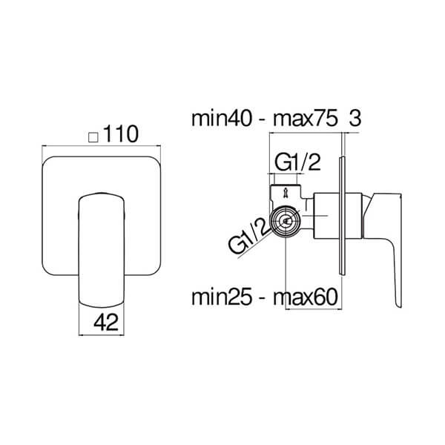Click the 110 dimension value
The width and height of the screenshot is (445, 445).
click(x=121, y=134)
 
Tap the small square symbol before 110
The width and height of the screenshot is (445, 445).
click(x=93, y=137)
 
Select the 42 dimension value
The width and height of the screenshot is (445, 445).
click(x=106, y=323)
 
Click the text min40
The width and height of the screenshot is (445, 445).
click(x=221, y=119)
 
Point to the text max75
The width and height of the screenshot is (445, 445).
click(x=306, y=119)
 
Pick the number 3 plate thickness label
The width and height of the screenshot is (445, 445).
click(x=355, y=119)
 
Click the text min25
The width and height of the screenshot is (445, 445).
click(x=221, y=297)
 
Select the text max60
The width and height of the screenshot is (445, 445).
click(x=306, y=297)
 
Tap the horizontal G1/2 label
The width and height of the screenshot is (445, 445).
click(x=297, y=162)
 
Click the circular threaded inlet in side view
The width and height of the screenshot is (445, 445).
click(x=285, y=220)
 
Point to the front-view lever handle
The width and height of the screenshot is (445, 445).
click(x=102, y=251)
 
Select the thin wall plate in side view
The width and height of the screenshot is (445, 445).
click(x=342, y=216)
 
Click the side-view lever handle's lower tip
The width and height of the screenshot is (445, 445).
click(x=398, y=307)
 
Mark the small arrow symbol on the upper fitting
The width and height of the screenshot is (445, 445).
click(x=285, y=194)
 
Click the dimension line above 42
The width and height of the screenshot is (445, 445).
click(x=102, y=335)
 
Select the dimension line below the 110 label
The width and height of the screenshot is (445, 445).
click(x=102, y=146)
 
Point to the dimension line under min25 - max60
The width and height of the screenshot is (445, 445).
click(x=314, y=309)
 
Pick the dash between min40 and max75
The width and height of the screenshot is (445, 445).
click(x=263, y=121)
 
